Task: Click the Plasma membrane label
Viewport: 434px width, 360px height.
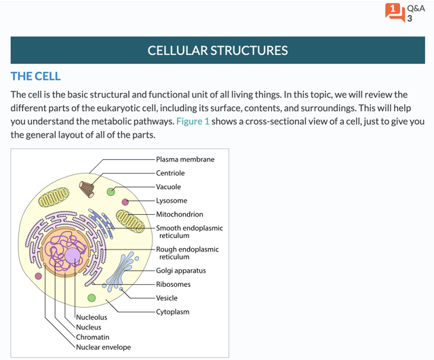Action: coord(185,159)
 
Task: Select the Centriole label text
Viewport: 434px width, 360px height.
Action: coord(170,173)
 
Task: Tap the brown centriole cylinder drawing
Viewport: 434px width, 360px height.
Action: coord(87,189)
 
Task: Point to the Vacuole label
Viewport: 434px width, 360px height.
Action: coord(168,186)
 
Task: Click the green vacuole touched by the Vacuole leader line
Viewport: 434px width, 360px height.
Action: coord(111,192)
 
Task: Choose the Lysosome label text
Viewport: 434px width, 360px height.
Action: coord(172,201)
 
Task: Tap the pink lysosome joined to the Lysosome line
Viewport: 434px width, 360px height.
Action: coord(125,202)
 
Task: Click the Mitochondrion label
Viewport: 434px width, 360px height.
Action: coord(180,214)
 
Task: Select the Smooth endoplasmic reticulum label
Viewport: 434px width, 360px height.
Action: coord(190,232)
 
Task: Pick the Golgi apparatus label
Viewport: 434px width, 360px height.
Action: coord(181,271)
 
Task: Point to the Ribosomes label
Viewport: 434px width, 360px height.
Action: coord(174,284)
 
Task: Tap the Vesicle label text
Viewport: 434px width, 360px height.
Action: coord(167,298)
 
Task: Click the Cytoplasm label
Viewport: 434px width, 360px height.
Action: coord(173,312)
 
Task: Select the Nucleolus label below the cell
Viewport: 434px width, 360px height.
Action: coord(92,317)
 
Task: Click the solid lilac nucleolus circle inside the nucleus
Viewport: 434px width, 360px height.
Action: coord(73,256)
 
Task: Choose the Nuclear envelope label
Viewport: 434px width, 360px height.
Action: coord(104,347)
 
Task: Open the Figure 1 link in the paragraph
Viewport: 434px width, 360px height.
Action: coord(193,121)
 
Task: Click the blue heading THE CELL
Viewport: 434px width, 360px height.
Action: coord(36,77)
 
